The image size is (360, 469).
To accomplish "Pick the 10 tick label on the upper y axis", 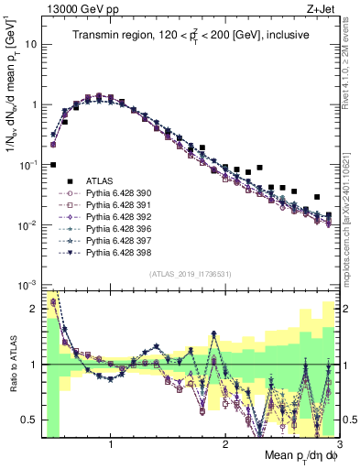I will click(x=28, y=44).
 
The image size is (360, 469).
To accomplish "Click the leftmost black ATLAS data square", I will click(x=53, y=165).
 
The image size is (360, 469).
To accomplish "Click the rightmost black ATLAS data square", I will click(x=329, y=215).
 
